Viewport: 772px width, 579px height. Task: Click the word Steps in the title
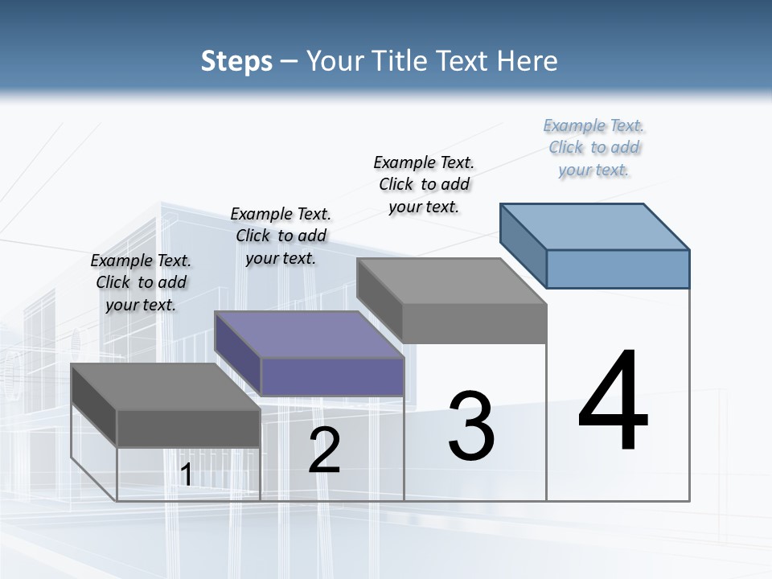[x=236, y=61]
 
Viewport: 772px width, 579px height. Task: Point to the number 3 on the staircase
[x=470, y=426]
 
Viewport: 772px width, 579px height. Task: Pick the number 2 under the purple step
[x=324, y=450]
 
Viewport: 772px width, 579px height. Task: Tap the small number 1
[x=186, y=474]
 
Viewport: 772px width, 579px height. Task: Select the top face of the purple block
[x=310, y=335]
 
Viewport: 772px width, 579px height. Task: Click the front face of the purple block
[x=332, y=376]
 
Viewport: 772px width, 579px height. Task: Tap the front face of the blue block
[x=618, y=269]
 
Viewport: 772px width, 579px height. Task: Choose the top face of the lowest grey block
[x=166, y=387]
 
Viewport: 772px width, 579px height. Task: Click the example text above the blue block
[x=594, y=148]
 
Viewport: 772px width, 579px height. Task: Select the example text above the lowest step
[x=142, y=282]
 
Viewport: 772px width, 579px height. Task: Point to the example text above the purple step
[x=281, y=236]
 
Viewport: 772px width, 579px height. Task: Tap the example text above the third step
[x=424, y=184]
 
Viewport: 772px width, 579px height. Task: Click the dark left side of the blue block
[x=523, y=245]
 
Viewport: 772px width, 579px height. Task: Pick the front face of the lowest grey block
[x=188, y=428]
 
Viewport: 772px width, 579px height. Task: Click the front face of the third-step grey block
[x=474, y=323]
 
